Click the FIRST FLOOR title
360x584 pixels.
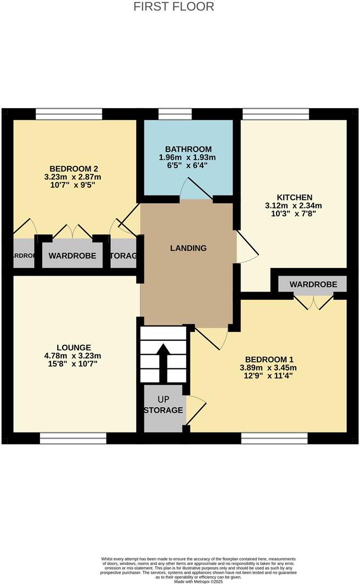[174, 7]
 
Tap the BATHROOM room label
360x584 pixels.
[188, 149]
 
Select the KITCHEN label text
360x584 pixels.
[295, 197]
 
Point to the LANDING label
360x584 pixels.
[188, 248]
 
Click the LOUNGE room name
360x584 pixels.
[74, 347]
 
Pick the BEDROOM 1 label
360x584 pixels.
[268, 358]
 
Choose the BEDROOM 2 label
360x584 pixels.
[74, 168]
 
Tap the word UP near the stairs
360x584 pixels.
[164, 400]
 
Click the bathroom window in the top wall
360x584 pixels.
[175, 114]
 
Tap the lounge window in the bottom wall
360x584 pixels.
[73, 438]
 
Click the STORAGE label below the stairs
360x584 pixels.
[164, 410]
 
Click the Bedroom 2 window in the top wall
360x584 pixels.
[69, 114]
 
